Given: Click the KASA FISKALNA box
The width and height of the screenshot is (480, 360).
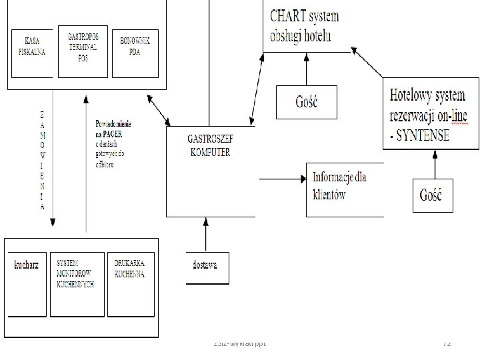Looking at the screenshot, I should pyautogui.click(x=31, y=47).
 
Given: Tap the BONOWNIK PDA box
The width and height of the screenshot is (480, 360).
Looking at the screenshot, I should pyautogui.click(x=135, y=47).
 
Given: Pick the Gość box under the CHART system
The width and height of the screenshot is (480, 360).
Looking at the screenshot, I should pyautogui.click(x=306, y=102).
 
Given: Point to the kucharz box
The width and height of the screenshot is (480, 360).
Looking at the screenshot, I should pyautogui.click(x=27, y=265).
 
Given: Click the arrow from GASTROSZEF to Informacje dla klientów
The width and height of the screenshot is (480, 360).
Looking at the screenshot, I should pyautogui.click(x=280, y=179).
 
